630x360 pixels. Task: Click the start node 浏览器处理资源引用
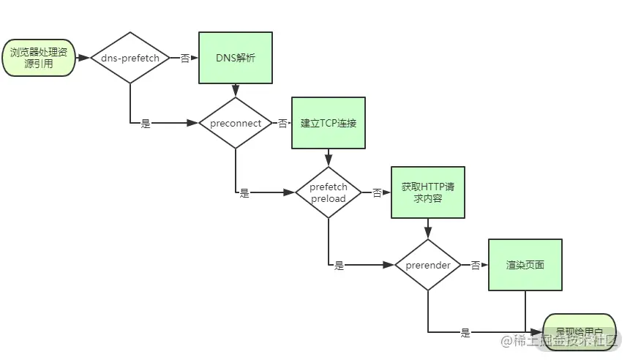[x=41, y=58]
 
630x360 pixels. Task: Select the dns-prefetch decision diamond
[x=130, y=58]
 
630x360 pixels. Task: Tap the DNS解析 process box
[x=236, y=58]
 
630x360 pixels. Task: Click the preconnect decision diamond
[x=236, y=123]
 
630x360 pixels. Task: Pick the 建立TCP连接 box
[x=329, y=123]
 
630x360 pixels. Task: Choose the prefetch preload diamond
[x=329, y=192]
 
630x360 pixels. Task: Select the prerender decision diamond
[x=427, y=265]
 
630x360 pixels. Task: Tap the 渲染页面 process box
[x=525, y=265]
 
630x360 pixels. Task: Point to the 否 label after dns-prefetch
[x=185, y=58]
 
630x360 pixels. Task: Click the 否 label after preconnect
[x=282, y=124]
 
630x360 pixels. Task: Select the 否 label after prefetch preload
[x=377, y=192]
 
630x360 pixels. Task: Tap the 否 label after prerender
[x=475, y=265]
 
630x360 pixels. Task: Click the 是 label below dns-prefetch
[x=146, y=124]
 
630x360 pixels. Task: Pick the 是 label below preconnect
[x=244, y=193]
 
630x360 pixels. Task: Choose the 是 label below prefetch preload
[x=339, y=266]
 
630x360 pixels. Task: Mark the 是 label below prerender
[x=465, y=333]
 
